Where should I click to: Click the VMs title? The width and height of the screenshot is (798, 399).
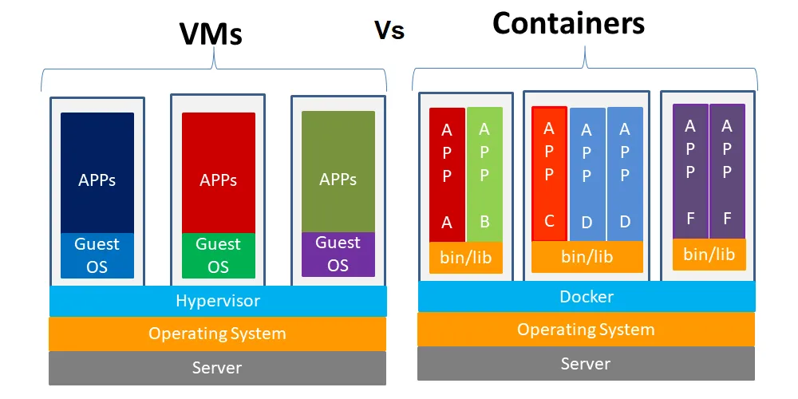(x=210, y=34)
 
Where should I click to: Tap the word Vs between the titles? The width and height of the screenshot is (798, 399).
(x=389, y=31)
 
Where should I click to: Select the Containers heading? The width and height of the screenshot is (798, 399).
(x=568, y=23)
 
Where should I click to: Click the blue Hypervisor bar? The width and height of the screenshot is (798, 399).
(x=218, y=301)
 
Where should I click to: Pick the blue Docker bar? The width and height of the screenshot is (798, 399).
(x=587, y=296)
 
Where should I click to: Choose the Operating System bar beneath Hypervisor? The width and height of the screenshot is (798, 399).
(x=217, y=334)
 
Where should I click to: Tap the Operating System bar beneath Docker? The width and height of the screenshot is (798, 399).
(x=586, y=329)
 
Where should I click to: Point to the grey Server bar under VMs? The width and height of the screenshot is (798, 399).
(x=217, y=368)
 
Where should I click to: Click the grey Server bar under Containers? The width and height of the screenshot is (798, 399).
(x=586, y=364)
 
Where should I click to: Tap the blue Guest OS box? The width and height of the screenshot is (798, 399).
(x=97, y=255)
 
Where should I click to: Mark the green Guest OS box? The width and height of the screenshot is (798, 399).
(x=218, y=255)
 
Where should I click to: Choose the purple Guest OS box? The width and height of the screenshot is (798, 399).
(x=338, y=254)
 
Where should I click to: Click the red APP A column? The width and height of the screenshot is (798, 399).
(x=447, y=175)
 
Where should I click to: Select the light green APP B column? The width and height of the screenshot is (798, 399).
(x=484, y=175)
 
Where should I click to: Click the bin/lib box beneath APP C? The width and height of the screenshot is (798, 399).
(x=587, y=257)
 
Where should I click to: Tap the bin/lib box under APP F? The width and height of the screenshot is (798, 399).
(x=709, y=255)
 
